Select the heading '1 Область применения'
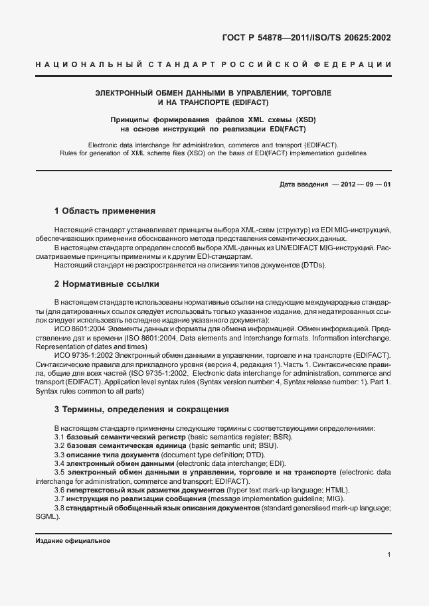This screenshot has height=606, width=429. [104, 211]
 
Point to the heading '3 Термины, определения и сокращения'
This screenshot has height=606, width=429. [141, 409]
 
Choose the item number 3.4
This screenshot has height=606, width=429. [59, 463]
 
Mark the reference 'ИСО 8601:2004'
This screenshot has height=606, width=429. [76, 329]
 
